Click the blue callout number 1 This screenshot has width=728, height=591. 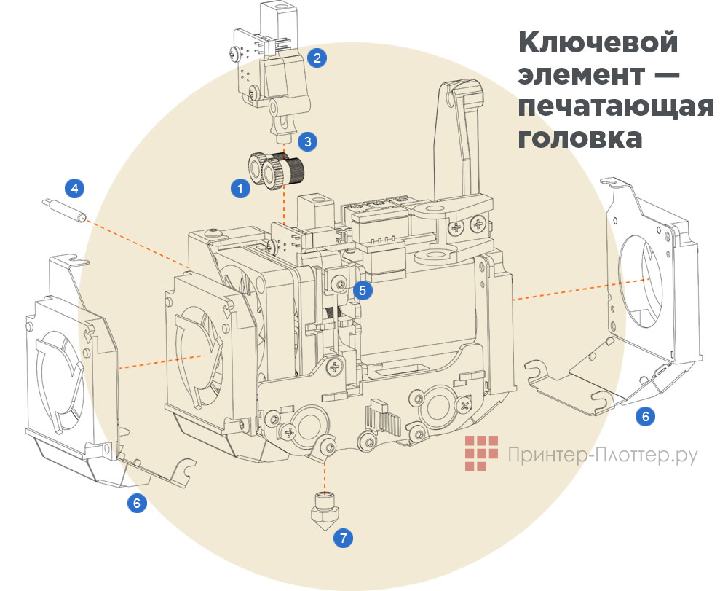coord(238,188)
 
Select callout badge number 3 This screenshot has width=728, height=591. coord(308,142)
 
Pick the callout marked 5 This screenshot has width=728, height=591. coord(363,290)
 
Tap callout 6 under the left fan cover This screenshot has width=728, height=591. coord(136,502)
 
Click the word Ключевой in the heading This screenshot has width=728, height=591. coord(598,42)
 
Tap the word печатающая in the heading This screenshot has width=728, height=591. coord(616,106)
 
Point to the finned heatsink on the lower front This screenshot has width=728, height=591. coord(381,417)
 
